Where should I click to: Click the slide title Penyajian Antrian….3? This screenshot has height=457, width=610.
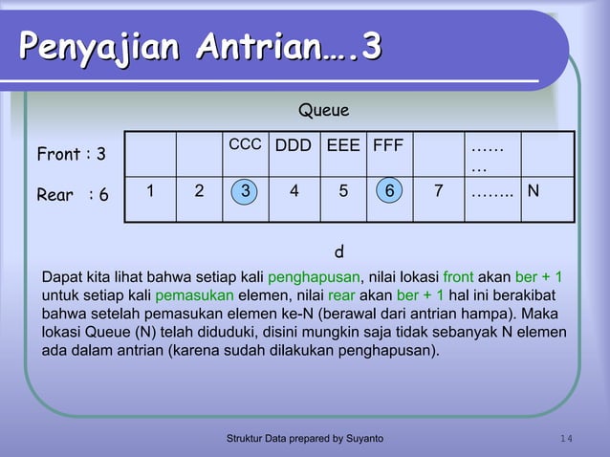click(x=201, y=46)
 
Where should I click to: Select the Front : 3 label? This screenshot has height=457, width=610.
click(x=71, y=154)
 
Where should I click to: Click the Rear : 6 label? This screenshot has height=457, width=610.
click(x=72, y=195)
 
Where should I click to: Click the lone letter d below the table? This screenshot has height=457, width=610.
click(x=338, y=253)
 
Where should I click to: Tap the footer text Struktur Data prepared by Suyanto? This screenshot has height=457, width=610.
click(x=304, y=438)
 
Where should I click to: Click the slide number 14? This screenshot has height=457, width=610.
click(x=566, y=438)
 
